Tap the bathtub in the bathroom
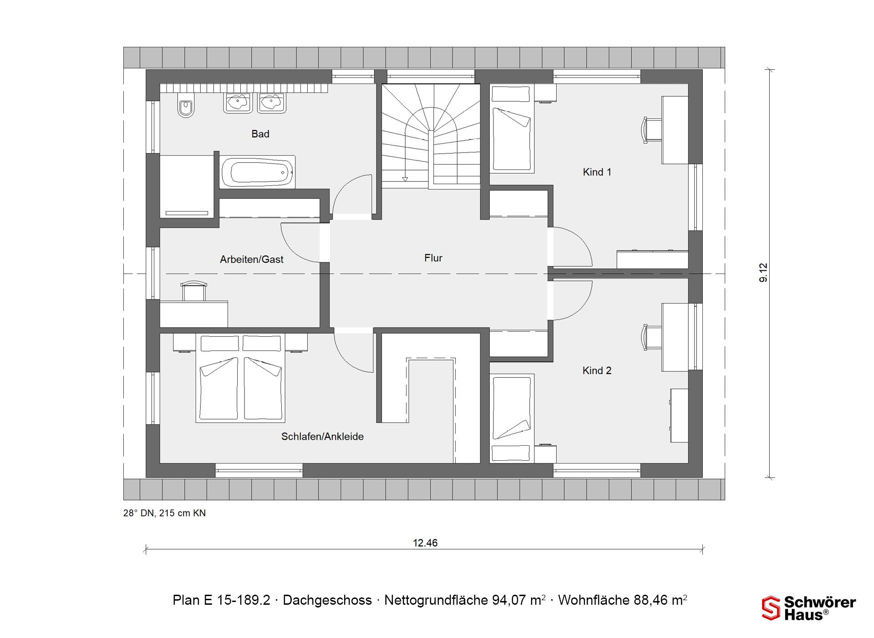(258, 172)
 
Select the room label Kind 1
(597, 172)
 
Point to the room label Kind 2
(597, 371)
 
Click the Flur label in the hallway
(433, 258)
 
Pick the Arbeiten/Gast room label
(252, 259)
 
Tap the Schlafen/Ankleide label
(322, 437)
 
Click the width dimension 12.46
(425, 543)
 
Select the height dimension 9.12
(763, 273)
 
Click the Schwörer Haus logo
(809, 608)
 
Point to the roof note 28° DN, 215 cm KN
(164, 513)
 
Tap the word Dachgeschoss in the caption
(327, 600)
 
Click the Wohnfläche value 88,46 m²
(660, 600)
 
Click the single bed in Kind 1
(512, 129)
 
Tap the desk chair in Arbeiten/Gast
(193, 291)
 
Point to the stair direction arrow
(405, 179)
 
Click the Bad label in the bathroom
(260, 134)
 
